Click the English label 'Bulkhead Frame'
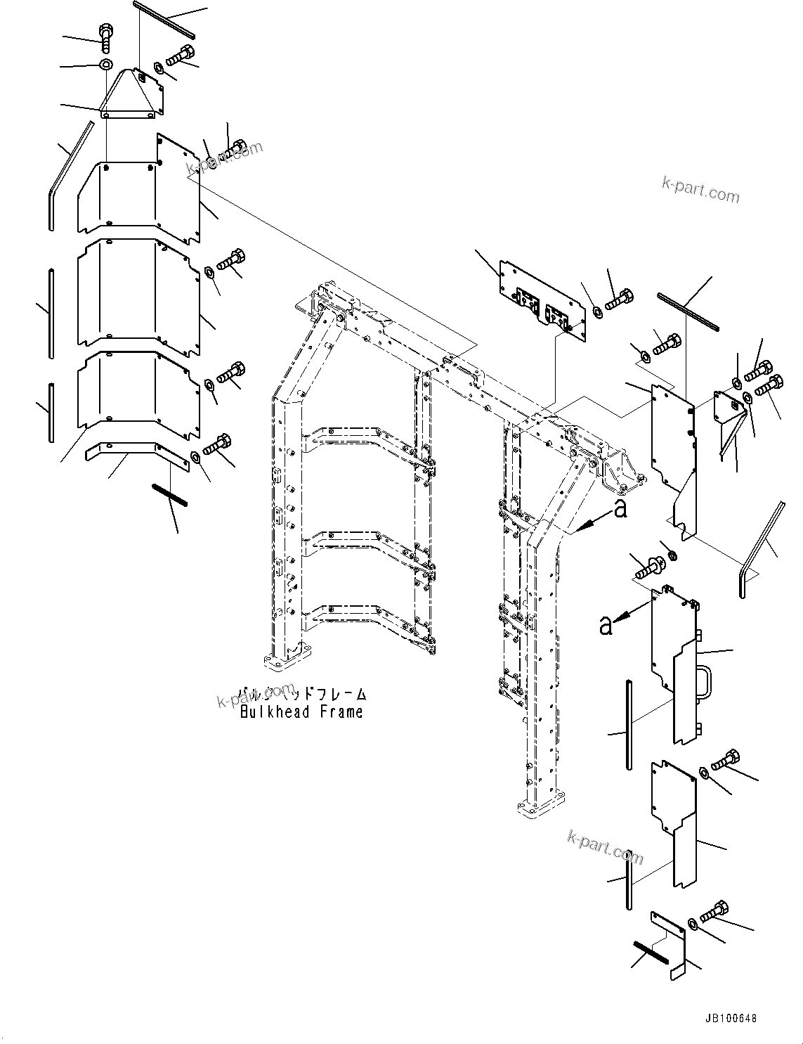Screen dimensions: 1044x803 tap(301, 711)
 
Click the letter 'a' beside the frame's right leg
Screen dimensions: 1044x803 tap(620, 509)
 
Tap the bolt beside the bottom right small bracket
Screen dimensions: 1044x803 tap(713, 912)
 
